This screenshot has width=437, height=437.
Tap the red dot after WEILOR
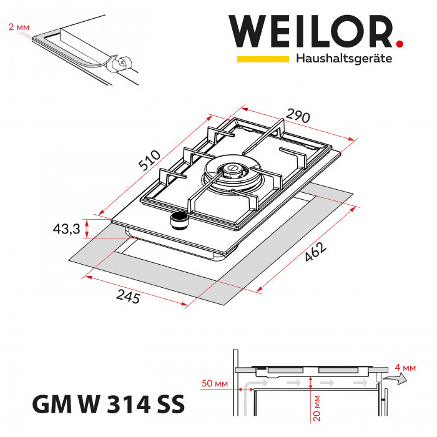click(400, 44)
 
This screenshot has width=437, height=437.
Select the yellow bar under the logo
click(262, 59)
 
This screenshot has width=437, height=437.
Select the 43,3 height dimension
click(67, 229)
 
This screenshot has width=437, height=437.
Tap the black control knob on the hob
click(179, 219)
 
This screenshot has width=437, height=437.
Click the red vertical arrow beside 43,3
click(87, 228)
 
